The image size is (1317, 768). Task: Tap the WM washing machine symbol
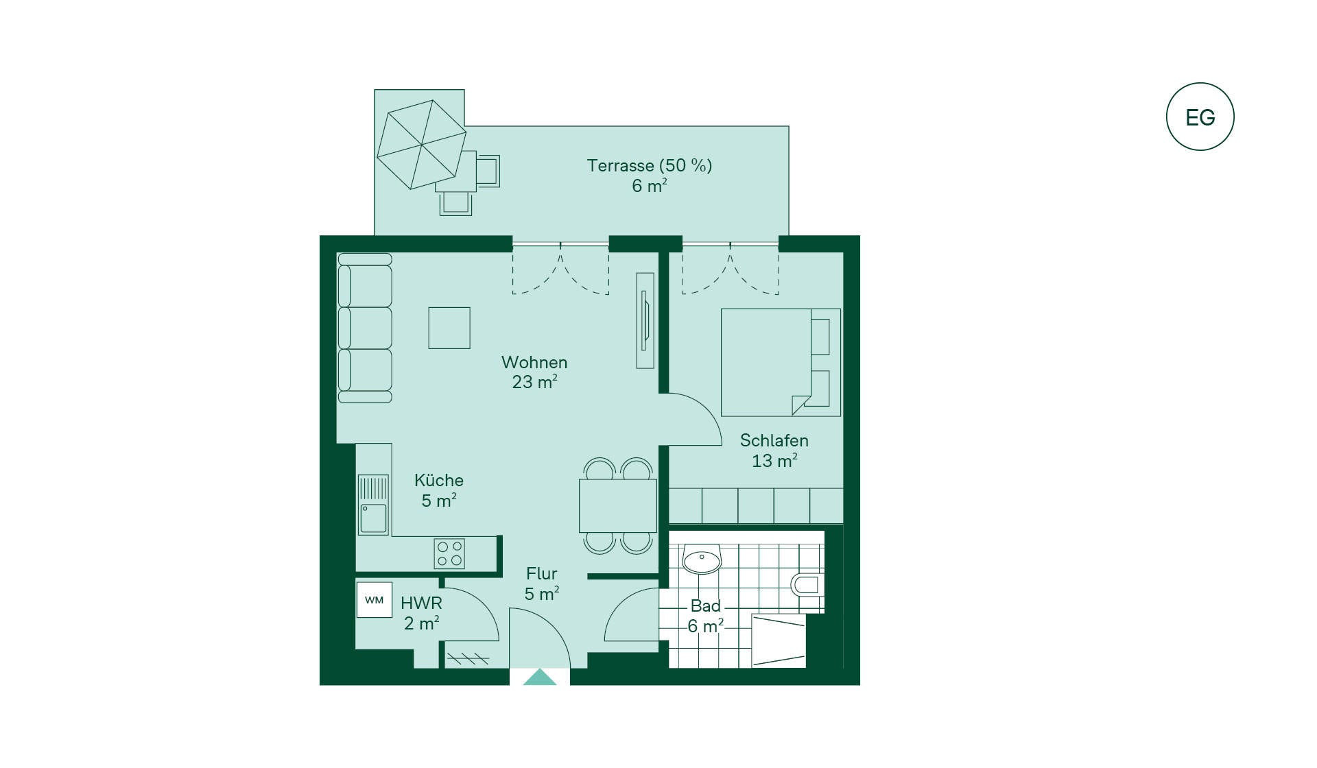coord(374,600)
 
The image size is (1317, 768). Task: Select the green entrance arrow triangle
coord(540,677)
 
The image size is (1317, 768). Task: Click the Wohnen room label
coord(534,362)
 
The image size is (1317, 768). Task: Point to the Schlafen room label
coord(774,440)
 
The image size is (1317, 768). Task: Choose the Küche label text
coord(439,480)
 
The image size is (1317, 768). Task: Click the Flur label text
coord(541,573)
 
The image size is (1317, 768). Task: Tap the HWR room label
coord(421,603)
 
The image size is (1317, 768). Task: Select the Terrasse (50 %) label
coord(650,165)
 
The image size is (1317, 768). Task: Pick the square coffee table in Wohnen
coord(449,328)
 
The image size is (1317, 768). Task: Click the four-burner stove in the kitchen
coord(449,553)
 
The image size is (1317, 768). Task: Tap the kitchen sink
coord(373,505)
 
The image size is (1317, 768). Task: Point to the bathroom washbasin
coord(702,560)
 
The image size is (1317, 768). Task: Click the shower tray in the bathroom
coord(779,640)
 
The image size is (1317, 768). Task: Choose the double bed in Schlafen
coord(781,362)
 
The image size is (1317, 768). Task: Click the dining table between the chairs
coord(617,506)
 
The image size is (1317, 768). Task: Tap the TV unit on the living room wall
coord(645,320)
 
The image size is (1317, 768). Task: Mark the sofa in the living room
coord(365,328)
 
